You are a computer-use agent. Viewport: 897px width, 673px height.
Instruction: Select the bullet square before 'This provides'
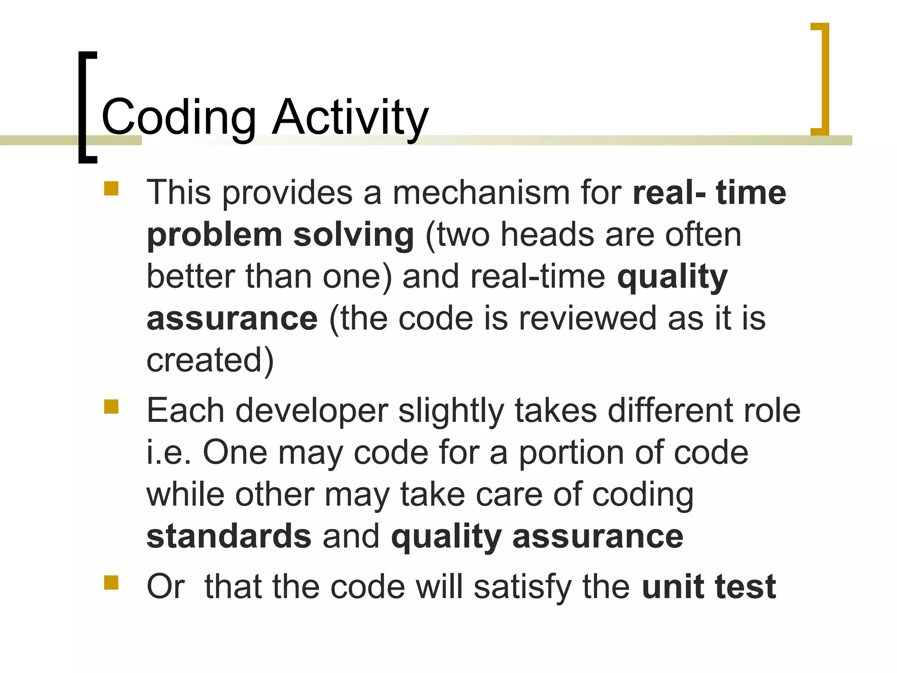pyautogui.click(x=111, y=188)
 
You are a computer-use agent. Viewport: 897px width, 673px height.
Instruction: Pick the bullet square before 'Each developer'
pyautogui.click(x=111, y=407)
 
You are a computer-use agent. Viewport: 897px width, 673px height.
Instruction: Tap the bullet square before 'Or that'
pyautogui.click(x=111, y=583)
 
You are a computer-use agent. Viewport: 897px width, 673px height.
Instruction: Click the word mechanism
pyautogui.click(x=480, y=193)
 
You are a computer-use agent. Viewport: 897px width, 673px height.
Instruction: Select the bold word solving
pyautogui.click(x=353, y=235)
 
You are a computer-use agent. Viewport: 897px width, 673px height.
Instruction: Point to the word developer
pyautogui.click(x=311, y=412)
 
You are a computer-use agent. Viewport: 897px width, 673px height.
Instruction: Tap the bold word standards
pyautogui.click(x=229, y=536)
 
